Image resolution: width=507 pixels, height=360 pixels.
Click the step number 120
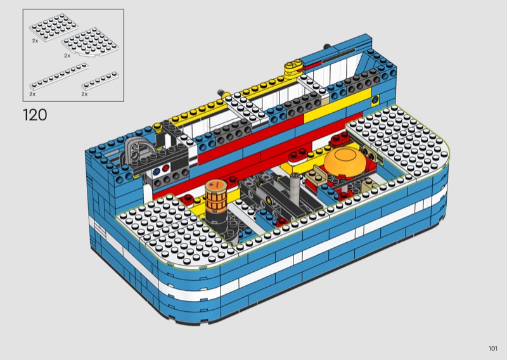click(35, 115)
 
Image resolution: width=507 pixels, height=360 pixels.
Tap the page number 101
click(493, 348)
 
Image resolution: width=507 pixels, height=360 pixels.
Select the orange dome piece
click(345, 161)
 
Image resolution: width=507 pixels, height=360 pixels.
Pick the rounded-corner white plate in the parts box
click(90, 42)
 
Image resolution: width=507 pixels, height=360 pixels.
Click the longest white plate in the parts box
click(59, 76)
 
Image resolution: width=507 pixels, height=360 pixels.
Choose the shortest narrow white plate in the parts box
click(100, 81)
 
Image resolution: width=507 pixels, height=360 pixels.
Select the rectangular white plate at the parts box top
click(54, 25)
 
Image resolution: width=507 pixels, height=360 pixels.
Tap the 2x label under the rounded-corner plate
click(67, 56)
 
